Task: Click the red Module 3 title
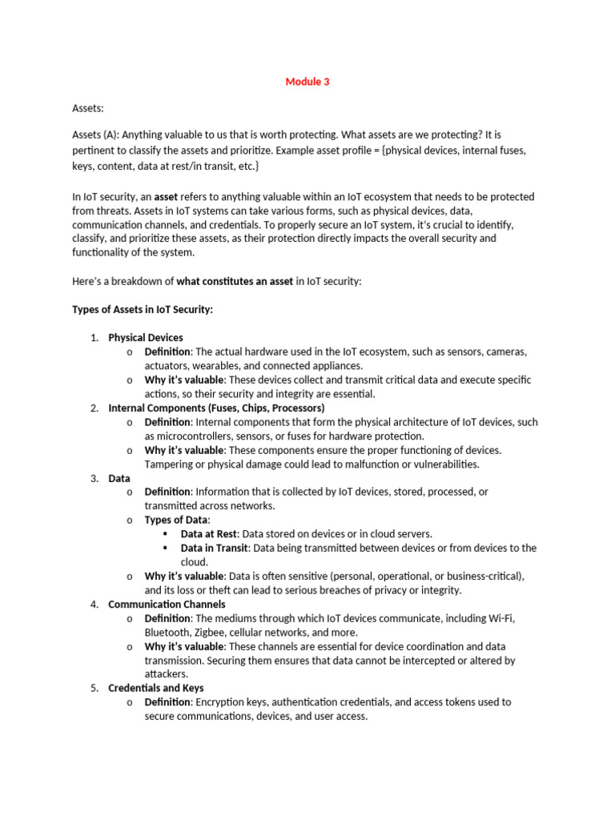[x=307, y=82]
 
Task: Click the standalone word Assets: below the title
[x=89, y=107]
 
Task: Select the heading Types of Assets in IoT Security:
[x=143, y=309]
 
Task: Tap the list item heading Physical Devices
[x=146, y=337]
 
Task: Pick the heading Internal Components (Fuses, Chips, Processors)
[x=216, y=408]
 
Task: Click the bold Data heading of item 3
[x=119, y=478]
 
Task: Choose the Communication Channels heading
[x=167, y=604]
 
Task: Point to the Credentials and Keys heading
[x=155, y=688]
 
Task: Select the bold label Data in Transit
[x=215, y=548]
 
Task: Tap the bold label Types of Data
[x=177, y=520]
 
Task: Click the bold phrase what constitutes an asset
[x=239, y=281]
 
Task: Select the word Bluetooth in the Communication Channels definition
[x=168, y=633]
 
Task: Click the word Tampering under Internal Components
[x=171, y=464]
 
